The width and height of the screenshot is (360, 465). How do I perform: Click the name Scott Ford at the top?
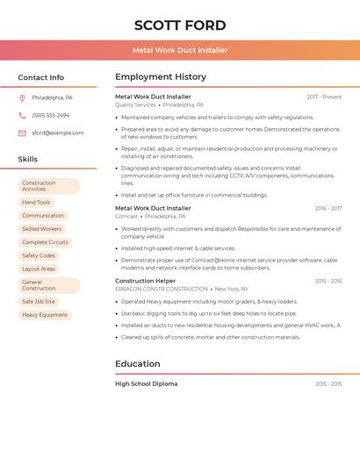(180, 25)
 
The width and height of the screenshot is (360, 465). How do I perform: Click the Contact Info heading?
(40, 77)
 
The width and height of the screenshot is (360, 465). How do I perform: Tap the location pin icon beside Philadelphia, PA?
(22, 97)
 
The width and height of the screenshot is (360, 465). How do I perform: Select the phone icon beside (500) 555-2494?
(22, 115)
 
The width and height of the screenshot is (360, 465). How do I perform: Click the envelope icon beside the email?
(22, 133)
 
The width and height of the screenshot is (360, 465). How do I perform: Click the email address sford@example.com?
(58, 133)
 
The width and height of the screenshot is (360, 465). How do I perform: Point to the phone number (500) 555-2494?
(51, 115)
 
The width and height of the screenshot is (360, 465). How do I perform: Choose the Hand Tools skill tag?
(36, 202)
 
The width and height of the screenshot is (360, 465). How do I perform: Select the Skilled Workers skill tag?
(41, 229)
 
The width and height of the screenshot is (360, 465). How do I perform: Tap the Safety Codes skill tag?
(39, 255)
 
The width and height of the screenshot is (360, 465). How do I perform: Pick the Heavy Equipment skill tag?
(45, 314)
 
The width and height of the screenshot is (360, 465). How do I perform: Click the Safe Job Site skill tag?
(39, 301)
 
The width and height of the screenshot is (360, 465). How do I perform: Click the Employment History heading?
(161, 77)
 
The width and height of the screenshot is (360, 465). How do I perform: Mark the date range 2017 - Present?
(324, 97)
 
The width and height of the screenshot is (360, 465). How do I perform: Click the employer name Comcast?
(126, 216)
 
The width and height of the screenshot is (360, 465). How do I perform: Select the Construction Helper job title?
(146, 281)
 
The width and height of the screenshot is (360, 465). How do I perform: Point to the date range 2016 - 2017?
(328, 208)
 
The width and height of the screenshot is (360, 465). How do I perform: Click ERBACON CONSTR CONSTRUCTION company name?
(162, 289)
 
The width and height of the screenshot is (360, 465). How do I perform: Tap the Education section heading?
(138, 363)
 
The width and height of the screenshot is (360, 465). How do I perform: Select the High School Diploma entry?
(146, 383)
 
